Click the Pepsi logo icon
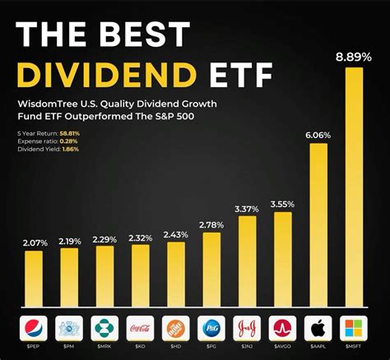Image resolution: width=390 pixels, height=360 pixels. pyautogui.click(x=33, y=330)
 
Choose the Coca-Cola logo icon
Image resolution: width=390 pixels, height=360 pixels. pyautogui.click(x=140, y=330)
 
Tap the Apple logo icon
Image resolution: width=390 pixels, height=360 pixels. pyautogui.click(x=318, y=330)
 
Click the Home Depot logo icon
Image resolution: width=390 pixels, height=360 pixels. pyautogui.click(x=175, y=330)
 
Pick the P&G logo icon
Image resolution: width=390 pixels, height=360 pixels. pyautogui.click(x=211, y=330)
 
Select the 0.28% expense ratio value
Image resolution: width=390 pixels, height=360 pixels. pyautogui.click(x=67, y=142)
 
